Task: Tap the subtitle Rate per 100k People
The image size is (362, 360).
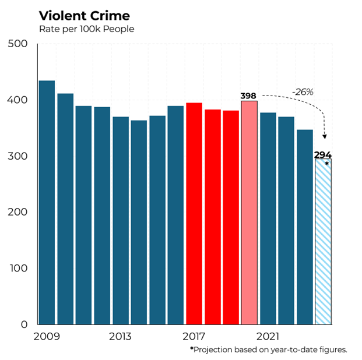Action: (x=86, y=29)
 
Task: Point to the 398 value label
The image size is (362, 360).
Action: (x=249, y=96)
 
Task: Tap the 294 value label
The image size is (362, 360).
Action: (x=323, y=155)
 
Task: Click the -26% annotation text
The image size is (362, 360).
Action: (x=303, y=91)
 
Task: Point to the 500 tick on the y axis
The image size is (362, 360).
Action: (x=18, y=44)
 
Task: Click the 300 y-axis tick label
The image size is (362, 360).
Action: (x=18, y=157)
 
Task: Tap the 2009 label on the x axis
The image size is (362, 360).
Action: (x=46, y=337)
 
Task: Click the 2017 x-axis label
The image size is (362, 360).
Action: (x=194, y=337)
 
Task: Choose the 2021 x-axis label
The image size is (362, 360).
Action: (x=268, y=337)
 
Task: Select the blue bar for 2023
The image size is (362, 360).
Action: (x=304, y=227)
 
